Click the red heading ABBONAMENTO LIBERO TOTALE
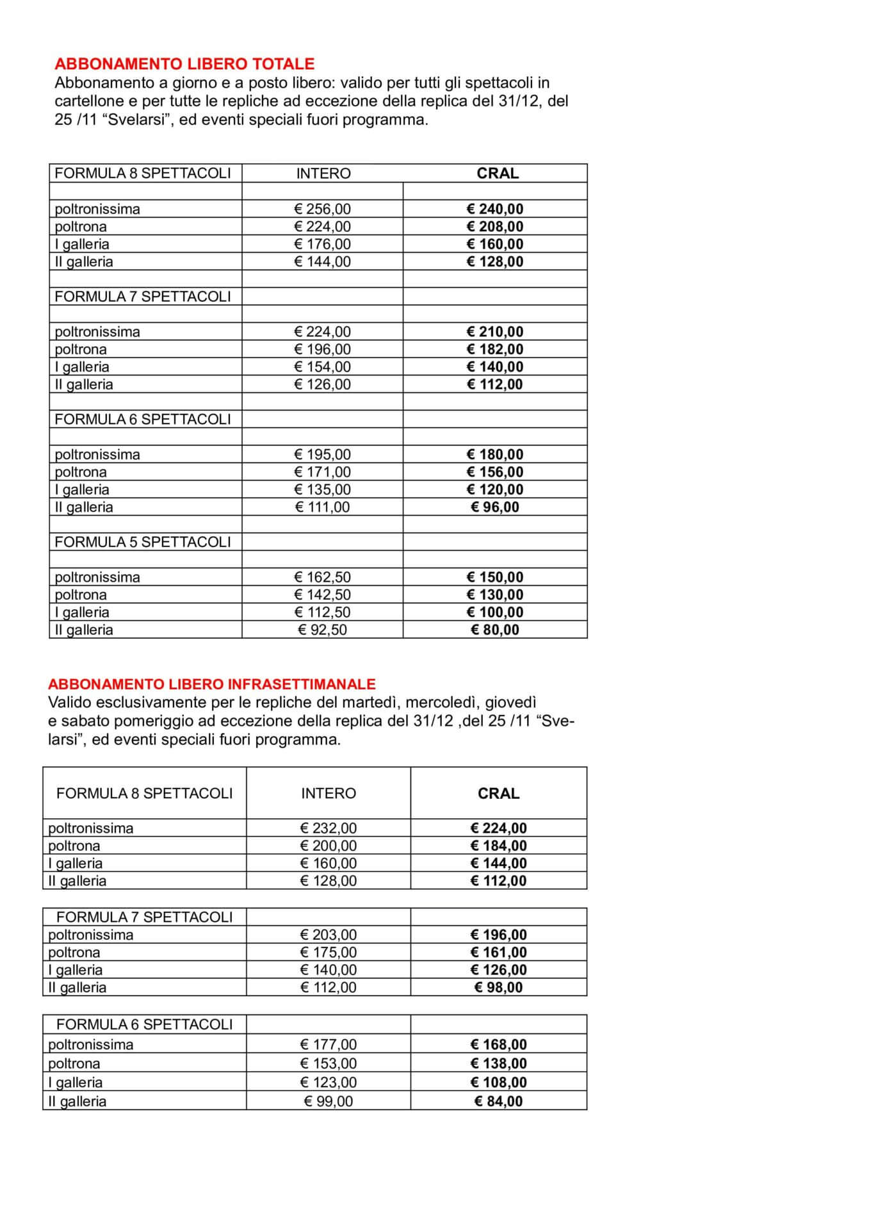pos(184,64)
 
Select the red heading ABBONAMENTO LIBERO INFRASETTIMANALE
pos(211,684)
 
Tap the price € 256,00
pos(322,209)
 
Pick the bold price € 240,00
pos(495,209)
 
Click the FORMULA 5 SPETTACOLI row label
pos(142,542)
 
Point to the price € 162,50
pos(322,577)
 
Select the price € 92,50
pos(322,630)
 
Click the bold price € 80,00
pos(495,630)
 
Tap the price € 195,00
pos(322,454)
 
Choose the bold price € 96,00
pos(495,507)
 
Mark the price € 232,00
pos(329,828)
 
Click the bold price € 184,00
pos(499,846)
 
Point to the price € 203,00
pos(329,935)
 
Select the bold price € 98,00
pos(499,987)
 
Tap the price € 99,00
pos(329,1101)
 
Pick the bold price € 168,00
pos(499,1045)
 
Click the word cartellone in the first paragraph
pos(87,101)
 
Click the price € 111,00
pos(322,507)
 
